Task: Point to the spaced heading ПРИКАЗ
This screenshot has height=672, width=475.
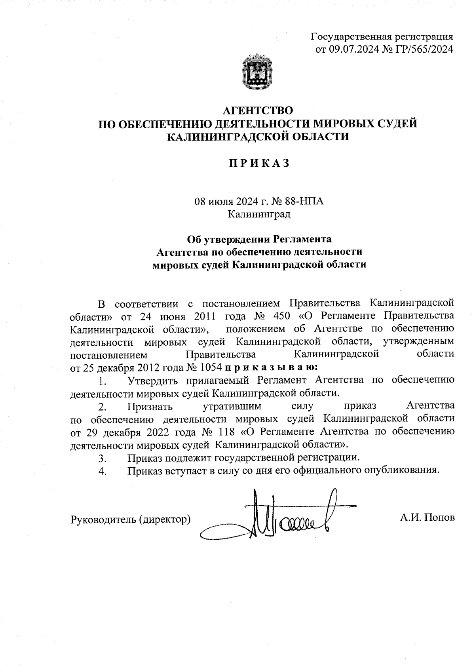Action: click(258, 163)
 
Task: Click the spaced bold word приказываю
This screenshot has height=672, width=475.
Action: click(271, 367)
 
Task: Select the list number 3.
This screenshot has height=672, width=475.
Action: click(103, 459)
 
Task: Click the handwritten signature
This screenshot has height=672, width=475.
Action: click(273, 517)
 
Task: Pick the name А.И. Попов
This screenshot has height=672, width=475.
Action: click(427, 518)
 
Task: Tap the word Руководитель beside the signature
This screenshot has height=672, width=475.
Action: click(104, 518)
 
